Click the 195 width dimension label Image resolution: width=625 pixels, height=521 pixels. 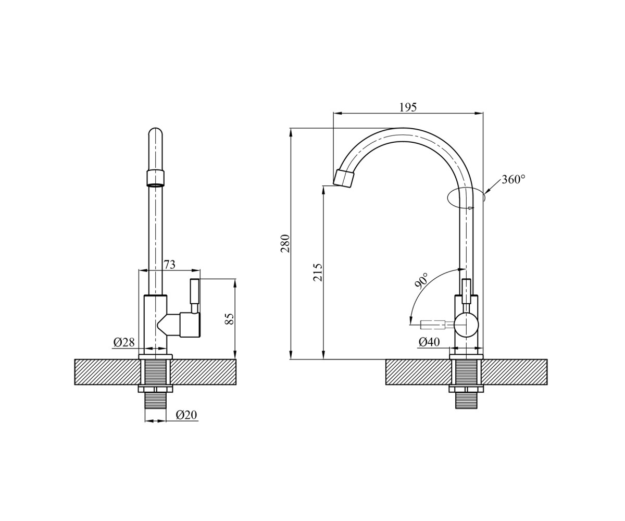point(408,107)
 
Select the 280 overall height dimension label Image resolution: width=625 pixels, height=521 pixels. point(285,243)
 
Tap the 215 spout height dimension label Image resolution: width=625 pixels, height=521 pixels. point(318,272)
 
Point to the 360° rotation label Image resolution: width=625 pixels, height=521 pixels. point(514,179)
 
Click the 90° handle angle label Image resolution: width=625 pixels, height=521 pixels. point(422,281)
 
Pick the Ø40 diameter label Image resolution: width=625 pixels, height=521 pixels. point(429,342)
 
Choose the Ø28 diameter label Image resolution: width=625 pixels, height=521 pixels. point(124,342)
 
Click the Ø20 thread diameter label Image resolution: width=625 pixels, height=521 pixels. point(186,415)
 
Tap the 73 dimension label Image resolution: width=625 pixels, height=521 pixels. point(169,265)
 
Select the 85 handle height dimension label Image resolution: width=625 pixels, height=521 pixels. point(229,319)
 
